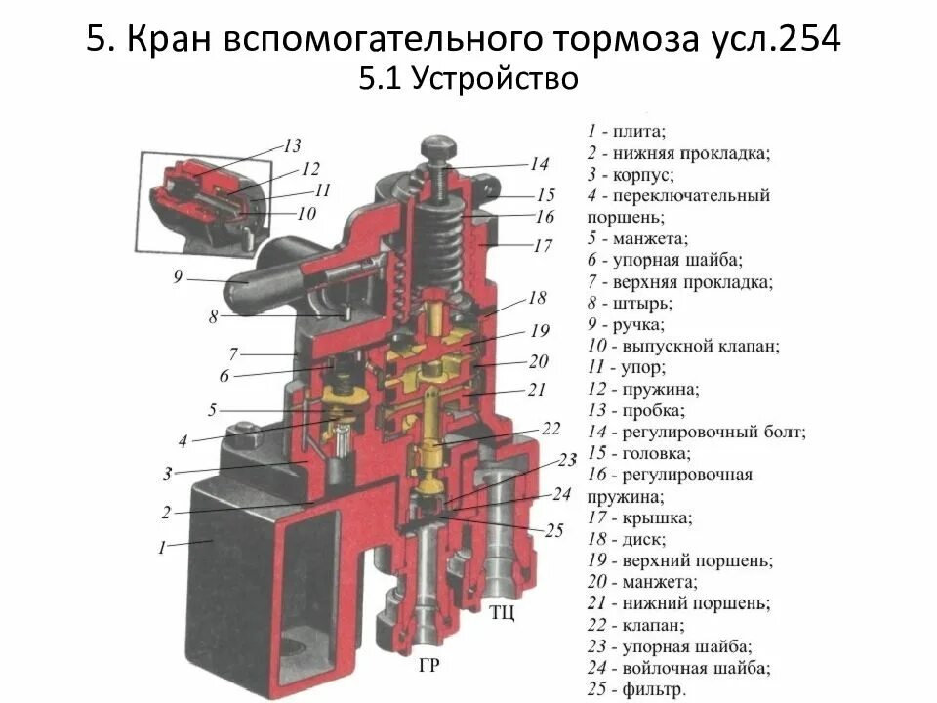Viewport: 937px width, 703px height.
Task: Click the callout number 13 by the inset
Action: (x=292, y=146)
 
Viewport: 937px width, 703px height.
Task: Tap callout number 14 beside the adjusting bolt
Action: (x=540, y=164)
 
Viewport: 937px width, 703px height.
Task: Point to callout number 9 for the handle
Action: (x=178, y=277)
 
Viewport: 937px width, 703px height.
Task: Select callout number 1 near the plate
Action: (x=162, y=548)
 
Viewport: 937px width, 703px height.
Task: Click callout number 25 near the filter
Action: (x=553, y=531)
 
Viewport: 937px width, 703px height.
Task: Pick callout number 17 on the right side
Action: (x=543, y=246)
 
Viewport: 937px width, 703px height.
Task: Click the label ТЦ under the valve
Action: (x=502, y=613)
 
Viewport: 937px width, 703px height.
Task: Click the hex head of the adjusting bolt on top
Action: (x=436, y=149)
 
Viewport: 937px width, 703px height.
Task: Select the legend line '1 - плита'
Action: (x=626, y=130)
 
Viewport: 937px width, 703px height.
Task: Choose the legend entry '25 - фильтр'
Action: (x=636, y=689)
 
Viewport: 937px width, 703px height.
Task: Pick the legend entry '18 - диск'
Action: (x=627, y=539)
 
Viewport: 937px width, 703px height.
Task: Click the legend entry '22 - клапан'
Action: (x=635, y=625)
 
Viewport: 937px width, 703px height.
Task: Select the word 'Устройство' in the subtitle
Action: (x=495, y=79)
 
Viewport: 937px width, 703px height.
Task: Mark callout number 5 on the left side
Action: (x=213, y=410)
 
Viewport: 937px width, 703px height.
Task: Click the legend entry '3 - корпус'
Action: (x=631, y=174)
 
